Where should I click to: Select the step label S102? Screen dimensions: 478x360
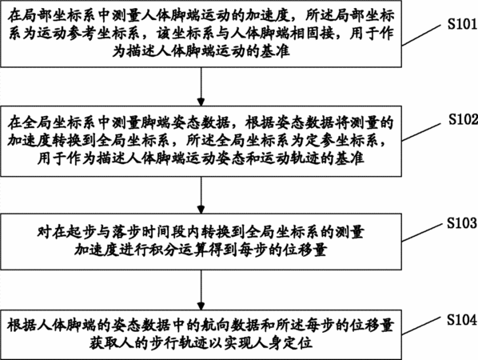(x=463, y=119)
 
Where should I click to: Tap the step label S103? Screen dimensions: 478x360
(x=462, y=223)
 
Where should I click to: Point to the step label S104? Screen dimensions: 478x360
(x=462, y=319)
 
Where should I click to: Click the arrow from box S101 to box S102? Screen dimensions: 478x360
(x=201, y=86)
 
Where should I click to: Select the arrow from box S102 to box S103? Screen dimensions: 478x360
(x=201, y=195)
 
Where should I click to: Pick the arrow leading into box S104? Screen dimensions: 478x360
(x=201, y=290)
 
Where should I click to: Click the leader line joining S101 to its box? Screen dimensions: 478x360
(x=421, y=35)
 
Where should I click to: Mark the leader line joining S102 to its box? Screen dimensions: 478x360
(x=421, y=132)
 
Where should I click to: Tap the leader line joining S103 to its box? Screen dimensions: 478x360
(x=422, y=233)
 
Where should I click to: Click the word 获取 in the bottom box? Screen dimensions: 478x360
(x=105, y=343)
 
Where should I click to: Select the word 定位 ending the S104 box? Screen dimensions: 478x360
(x=298, y=343)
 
